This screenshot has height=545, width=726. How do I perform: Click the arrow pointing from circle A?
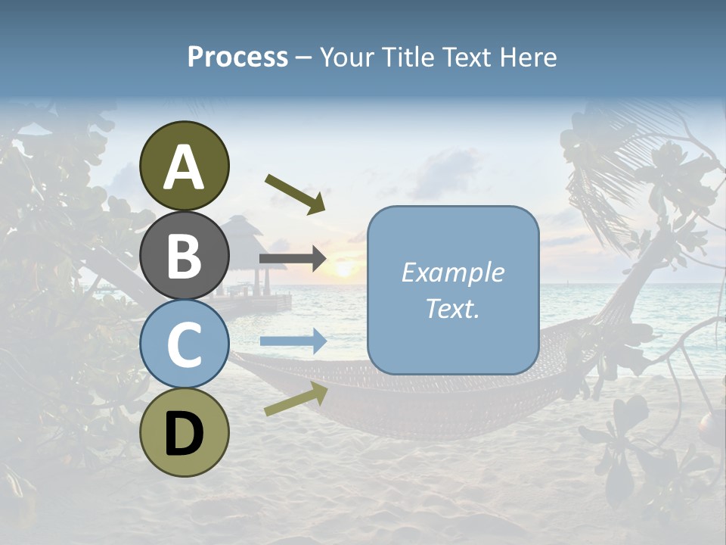tap(296, 194)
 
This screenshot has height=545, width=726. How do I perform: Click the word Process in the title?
tap(237, 57)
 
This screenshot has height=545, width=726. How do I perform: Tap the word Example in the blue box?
tap(452, 272)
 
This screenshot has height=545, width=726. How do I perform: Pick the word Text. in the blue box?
tap(452, 308)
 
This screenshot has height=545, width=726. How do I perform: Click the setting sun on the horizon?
tap(344, 269)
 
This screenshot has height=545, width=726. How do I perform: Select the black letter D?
tap(185, 434)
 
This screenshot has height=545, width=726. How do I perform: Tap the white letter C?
tap(185, 345)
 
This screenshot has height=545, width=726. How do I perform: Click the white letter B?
tap(185, 256)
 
